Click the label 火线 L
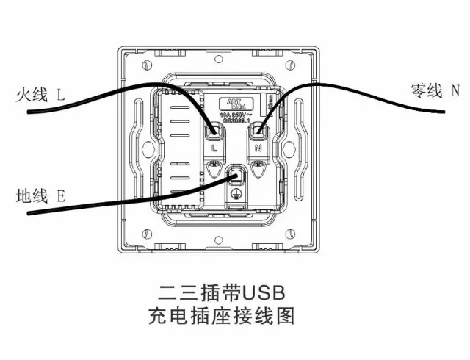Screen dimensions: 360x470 (x=40, y=95)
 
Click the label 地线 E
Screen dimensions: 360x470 (x=40, y=196)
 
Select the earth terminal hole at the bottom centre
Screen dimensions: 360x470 (x=236, y=177)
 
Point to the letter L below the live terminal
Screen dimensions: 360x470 (x=214, y=148)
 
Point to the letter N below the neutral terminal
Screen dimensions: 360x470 (x=258, y=148)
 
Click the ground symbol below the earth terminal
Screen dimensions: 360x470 (x=236, y=195)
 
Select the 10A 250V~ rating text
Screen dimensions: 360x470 (x=236, y=115)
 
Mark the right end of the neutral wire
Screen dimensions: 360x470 (x=444, y=112)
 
